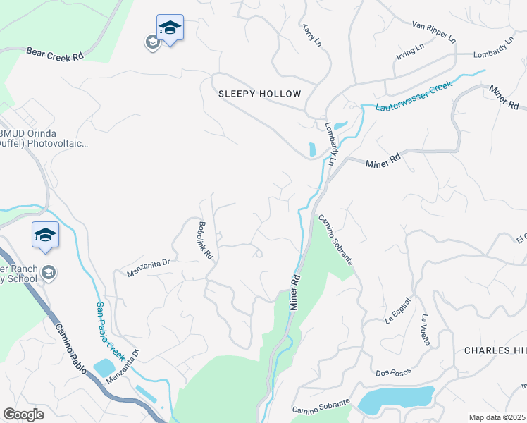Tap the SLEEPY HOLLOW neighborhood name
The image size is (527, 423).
259,94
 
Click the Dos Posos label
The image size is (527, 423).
392,372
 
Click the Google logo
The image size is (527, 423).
23,415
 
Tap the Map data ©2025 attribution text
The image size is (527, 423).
497,417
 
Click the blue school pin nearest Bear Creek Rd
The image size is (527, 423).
170,28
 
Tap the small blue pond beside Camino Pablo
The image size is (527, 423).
103,367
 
